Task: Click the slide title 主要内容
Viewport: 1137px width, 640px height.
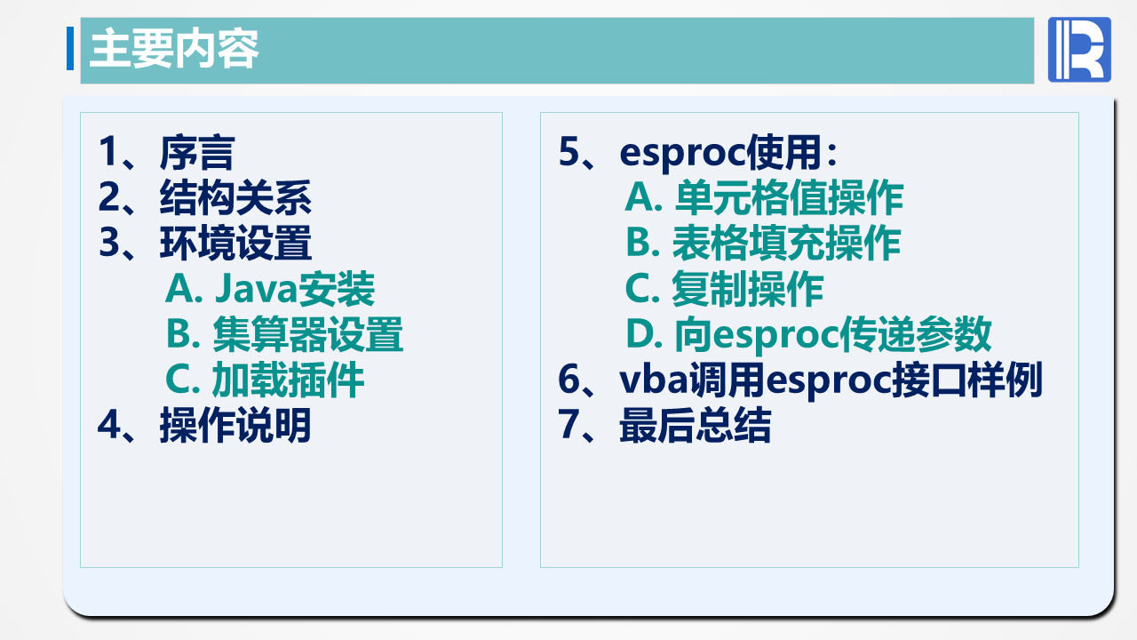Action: point(174,50)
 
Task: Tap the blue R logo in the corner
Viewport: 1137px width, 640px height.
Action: point(1079,50)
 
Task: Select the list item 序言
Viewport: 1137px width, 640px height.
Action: point(196,152)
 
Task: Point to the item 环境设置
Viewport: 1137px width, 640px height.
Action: point(235,244)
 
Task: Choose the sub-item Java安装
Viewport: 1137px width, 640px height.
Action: point(270,289)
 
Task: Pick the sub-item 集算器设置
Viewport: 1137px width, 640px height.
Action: point(284,334)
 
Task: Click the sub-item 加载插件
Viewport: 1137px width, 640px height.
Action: point(265,380)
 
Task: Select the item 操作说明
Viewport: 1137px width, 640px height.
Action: point(235,426)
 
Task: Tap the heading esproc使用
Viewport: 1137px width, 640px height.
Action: point(728,152)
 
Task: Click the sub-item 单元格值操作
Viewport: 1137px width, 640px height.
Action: point(764,197)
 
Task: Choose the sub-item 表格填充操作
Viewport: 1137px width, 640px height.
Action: point(763,244)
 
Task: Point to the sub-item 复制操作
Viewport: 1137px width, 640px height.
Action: point(724,289)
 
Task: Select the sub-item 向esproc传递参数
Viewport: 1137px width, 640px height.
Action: point(808,334)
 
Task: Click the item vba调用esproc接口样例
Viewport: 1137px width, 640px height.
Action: point(831,380)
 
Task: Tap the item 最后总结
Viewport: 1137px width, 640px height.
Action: point(695,426)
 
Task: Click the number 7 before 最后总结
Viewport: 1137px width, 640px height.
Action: point(568,426)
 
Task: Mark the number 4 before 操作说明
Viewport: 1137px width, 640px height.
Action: point(109,426)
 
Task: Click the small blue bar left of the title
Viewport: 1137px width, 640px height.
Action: point(70,49)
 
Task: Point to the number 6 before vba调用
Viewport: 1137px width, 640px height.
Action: point(569,380)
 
